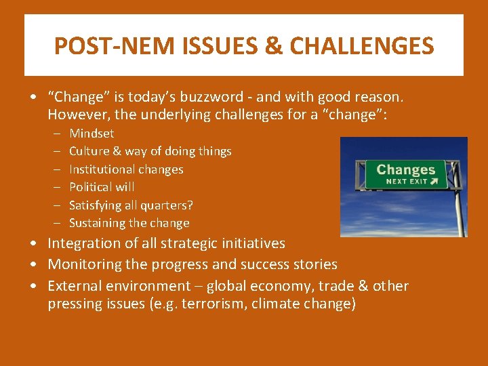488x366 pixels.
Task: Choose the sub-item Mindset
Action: pyautogui.click(x=91, y=134)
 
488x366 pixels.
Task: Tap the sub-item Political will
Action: pyautogui.click(x=102, y=187)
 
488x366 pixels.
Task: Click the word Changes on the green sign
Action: pyautogui.click(x=405, y=169)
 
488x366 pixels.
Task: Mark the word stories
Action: pyautogui.click(x=312, y=264)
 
